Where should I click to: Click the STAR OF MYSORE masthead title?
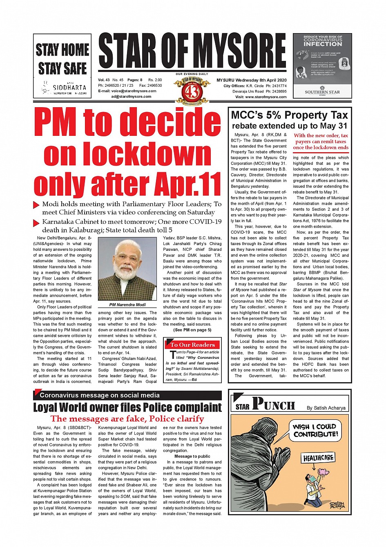[192, 52]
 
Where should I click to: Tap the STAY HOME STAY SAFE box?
[62, 65]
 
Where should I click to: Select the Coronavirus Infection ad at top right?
[322, 65]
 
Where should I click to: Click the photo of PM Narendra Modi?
[127, 269]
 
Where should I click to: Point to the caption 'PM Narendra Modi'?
[127, 305]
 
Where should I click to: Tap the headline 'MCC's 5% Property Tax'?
[290, 115]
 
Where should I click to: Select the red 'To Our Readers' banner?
[192, 344]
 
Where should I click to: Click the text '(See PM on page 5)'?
[192, 330]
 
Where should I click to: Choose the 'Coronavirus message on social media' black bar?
[127, 395]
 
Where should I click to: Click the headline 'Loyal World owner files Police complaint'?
[127, 407]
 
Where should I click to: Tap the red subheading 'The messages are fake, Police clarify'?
[127, 419]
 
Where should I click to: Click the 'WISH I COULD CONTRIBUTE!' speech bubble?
[315, 430]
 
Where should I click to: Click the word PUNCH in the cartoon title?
[273, 404]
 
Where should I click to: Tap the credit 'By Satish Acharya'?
[326, 408]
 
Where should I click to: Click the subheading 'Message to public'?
[192, 456]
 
